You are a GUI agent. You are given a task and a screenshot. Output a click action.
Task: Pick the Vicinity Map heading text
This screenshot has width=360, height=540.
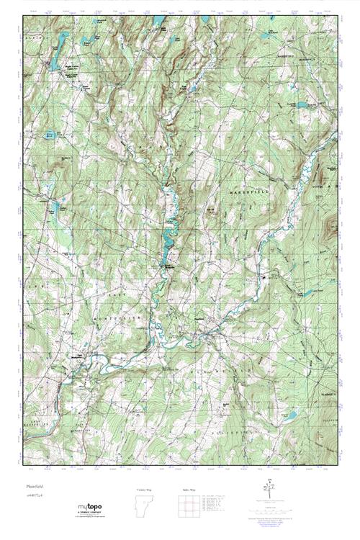point(144,490)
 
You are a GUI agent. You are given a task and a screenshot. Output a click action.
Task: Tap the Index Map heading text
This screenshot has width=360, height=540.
point(189,490)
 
